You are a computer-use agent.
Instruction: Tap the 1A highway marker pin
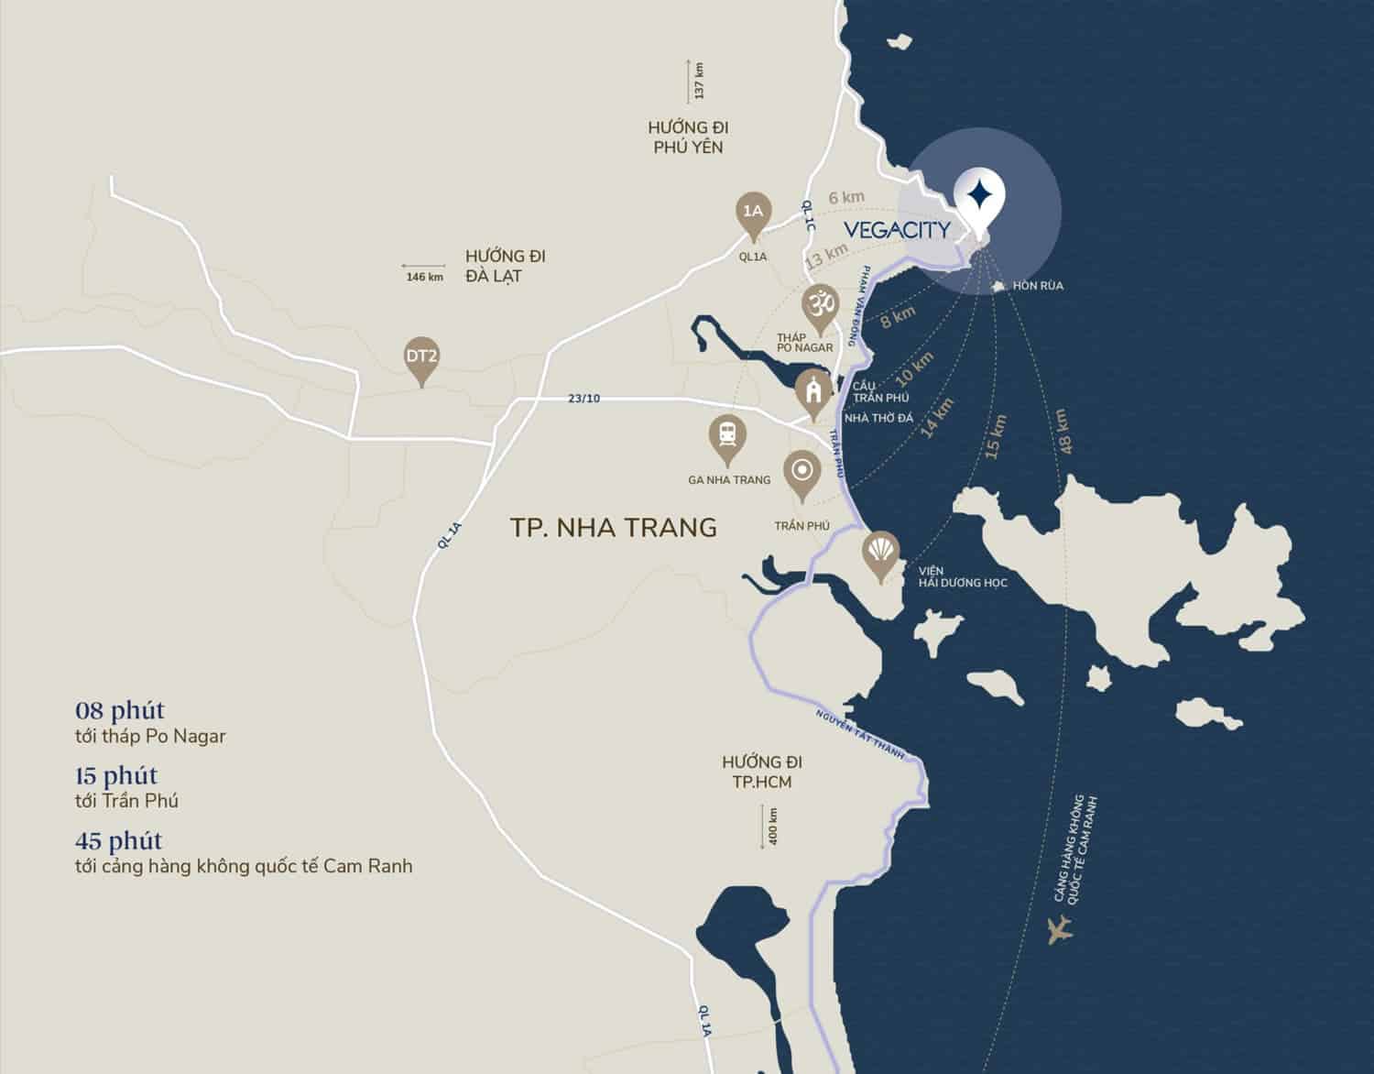753,213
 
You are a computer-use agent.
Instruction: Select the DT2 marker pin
421,355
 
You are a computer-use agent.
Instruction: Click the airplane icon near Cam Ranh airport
1061,928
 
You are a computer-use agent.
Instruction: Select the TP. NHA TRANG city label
613,527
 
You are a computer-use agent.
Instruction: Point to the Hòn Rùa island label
1037,286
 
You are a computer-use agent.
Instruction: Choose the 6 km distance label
845,197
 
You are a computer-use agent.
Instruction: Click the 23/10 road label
583,398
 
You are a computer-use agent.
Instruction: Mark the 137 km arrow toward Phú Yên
689,81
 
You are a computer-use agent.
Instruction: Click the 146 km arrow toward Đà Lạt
424,271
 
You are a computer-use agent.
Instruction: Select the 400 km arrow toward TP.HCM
763,826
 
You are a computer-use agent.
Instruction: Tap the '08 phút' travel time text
120,710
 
